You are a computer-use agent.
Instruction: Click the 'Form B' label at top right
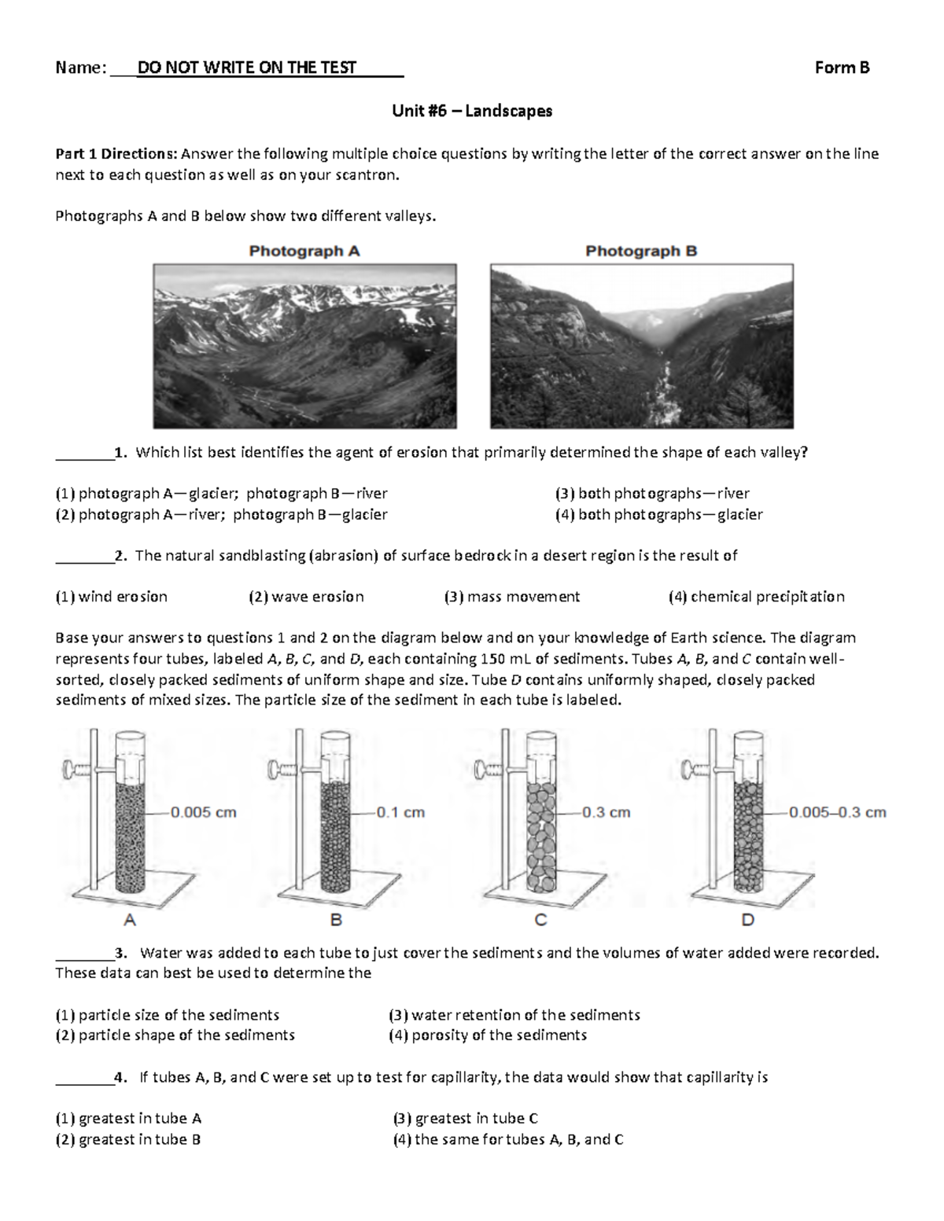pos(842,68)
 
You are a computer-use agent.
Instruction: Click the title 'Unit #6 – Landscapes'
pos(472,111)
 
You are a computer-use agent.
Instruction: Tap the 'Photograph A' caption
pos(304,252)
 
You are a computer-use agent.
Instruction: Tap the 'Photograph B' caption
pos(641,252)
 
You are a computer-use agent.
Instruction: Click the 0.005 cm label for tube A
pos(204,812)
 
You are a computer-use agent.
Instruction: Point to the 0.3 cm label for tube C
pos(606,812)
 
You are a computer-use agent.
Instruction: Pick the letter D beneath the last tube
pos(748,919)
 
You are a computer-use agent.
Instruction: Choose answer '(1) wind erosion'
pos(111,597)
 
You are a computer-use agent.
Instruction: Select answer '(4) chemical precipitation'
pos(756,597)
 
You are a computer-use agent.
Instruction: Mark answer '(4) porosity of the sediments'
pos(488,1035)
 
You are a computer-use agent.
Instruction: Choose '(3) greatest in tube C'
pos(465,1119)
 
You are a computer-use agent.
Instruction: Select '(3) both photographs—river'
pos(652,494)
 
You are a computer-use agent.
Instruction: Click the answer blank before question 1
pos(83,454)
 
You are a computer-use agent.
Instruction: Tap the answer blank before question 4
pos(83,1079)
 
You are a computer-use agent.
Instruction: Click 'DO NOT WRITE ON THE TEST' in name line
pos(247,68)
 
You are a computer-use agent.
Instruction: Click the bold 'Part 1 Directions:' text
pos(116,154)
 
